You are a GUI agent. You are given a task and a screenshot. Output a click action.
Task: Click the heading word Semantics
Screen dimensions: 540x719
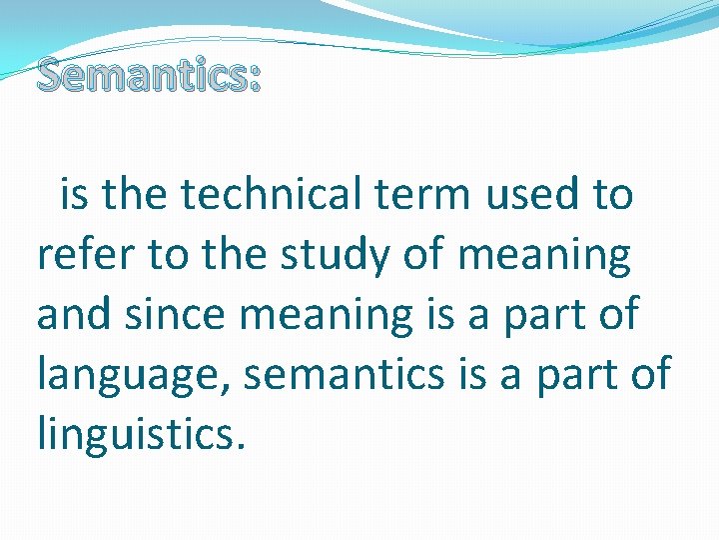click(x=140, y=74)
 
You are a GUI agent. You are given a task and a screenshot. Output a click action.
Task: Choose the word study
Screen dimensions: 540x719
click(x=338, y=256)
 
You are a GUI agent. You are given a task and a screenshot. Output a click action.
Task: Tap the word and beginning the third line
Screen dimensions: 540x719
click(x=73, y=314)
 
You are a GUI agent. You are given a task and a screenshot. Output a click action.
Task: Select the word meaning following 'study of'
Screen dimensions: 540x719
click(x=544, y=256)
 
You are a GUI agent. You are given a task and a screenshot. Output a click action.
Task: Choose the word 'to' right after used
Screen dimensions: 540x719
click(x=612, y=195)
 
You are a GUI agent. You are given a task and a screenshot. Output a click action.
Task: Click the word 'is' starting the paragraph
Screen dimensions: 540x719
click(x=75, y=194)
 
